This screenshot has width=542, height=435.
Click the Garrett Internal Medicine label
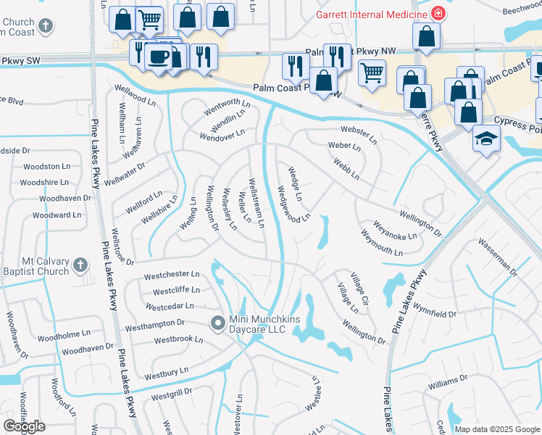tap(370, 14)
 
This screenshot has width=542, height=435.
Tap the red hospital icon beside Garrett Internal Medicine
tap(438, 13)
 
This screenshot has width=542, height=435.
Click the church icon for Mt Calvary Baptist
tap(81, 266)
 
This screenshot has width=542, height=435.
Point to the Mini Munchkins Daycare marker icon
tap(217, 323)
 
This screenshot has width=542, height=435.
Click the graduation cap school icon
tap(485, 138)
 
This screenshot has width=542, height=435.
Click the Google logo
tap(24, 426)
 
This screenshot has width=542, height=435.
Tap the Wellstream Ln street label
tap(256, 203)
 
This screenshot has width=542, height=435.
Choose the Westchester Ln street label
tap(172, 275)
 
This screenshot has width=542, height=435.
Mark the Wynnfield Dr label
tap(436, 315)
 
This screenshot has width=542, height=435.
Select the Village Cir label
tap(359, 289)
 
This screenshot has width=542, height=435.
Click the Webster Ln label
tap(359, 133)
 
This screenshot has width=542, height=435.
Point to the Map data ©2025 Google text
tap(496, 429)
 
